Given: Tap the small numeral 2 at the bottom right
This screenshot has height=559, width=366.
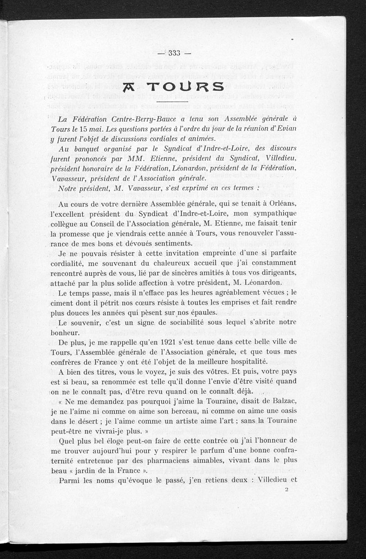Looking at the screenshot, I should [286, 489].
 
